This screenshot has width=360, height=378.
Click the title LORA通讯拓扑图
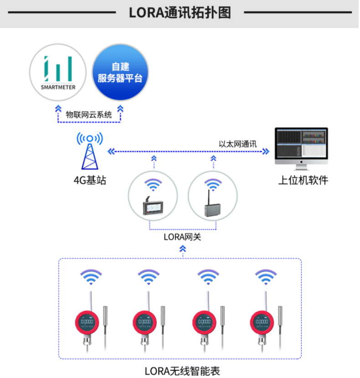pos(180,13)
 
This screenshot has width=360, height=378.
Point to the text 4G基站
pos(90,180)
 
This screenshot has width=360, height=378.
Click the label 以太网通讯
pos(237,144)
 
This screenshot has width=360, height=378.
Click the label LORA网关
pos(182,237)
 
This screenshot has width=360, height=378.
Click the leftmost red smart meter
pos(87,323)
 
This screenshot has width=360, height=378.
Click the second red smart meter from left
pos(145,323)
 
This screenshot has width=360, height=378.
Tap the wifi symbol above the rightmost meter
pos(266,276)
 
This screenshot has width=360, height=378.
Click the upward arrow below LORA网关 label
pos(183,249)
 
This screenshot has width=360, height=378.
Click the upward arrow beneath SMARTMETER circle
pos(58,109)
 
